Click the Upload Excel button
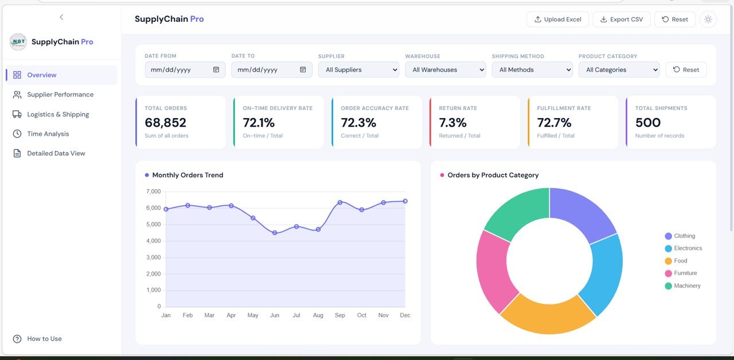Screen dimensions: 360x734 coord(557,19)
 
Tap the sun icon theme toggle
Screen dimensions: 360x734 coord(708,19)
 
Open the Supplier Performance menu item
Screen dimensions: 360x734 coord(60,95)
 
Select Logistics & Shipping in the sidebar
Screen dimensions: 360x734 coord(58,114)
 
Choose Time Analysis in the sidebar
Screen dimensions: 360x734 coord(48,134)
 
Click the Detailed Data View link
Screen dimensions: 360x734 coord(56,153)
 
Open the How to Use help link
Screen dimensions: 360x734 coord(44,339)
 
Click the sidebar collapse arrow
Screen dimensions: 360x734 coord(61,17)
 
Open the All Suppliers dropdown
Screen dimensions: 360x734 coord(358,70)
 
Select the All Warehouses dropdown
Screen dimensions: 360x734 coord(445,70)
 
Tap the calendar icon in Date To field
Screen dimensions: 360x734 coord(303,70)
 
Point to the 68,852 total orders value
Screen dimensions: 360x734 coord(165,123)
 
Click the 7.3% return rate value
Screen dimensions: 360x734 coord(452,123)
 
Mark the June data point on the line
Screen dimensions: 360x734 coord(275,233)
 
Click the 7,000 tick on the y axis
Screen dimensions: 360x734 coord(153,191)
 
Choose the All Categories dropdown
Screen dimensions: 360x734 coord(619,70)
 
